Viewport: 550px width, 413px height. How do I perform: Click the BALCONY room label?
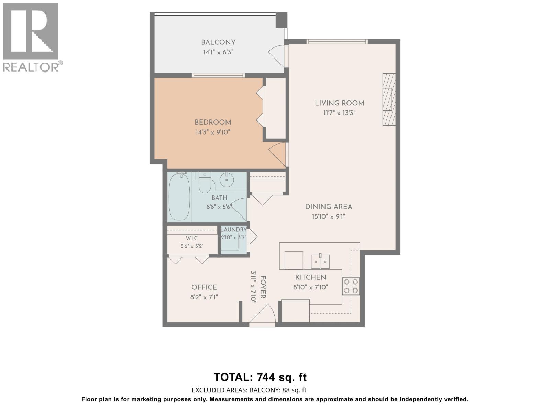pos(218,42)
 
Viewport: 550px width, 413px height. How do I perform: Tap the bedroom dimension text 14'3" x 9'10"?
pos(213,132)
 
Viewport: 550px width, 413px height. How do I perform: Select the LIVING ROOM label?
pos(340,103)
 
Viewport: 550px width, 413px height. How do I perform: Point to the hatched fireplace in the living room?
pos(389,99)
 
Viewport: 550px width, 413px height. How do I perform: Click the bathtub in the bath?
pos(179,197)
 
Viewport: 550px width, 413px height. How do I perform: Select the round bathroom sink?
pos(227,180)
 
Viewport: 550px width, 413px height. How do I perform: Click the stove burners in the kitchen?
pos(351,286)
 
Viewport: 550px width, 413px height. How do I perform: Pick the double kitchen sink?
pos(320,262)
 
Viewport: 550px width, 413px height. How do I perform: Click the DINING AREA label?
pos(329,206)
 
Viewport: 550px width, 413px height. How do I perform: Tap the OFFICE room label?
pos(204,287)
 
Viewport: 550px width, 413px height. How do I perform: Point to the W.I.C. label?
pos(192,238)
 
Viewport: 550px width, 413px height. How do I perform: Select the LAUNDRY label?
pos(233,230)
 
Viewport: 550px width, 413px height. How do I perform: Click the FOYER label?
pos(263,287)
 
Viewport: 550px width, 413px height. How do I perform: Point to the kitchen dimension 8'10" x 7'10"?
pos(311,287)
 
